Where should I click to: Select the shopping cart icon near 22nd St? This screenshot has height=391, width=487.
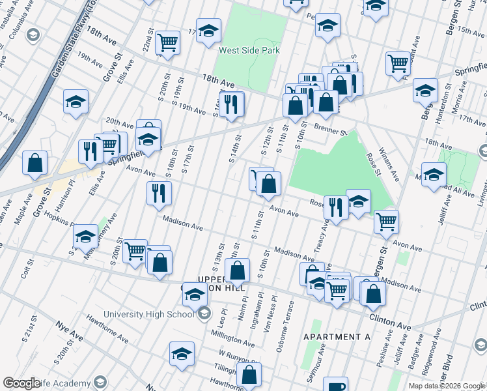[x=168, y=43]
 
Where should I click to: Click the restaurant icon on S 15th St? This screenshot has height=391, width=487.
[x=231, y=104]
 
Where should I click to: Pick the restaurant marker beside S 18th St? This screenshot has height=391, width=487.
[x=158, y=193]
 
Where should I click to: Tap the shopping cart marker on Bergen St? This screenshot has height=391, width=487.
[x=386, y=222]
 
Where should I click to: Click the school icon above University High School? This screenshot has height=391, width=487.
[x=195, y=294]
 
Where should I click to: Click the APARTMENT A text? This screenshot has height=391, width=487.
[x=337, y=337]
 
